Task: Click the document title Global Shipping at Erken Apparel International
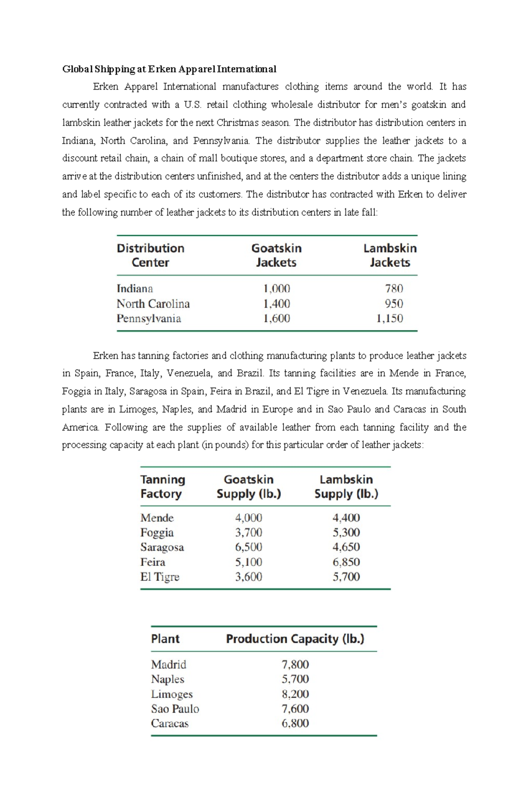(169, 69)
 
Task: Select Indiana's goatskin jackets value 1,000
(276, 289)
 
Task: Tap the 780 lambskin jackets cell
(394, 289)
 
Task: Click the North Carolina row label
(153, 304)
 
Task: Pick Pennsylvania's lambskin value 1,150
(389, 318)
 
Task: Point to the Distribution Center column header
(150, 255)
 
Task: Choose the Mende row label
(157, 518)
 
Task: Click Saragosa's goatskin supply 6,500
(249, 547)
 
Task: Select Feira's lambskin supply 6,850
(346, 562)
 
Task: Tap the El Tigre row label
(160, 577)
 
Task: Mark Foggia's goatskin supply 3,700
(249, 532)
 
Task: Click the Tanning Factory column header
(162, 486)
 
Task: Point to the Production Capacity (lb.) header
(295, 639)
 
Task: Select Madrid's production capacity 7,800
(295, 664)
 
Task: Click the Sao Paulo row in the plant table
(175, 708)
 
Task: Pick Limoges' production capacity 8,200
(295, 694)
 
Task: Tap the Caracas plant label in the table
(170, 723)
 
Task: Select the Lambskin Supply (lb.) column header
(346, 486)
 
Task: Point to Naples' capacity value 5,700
(295, 679)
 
